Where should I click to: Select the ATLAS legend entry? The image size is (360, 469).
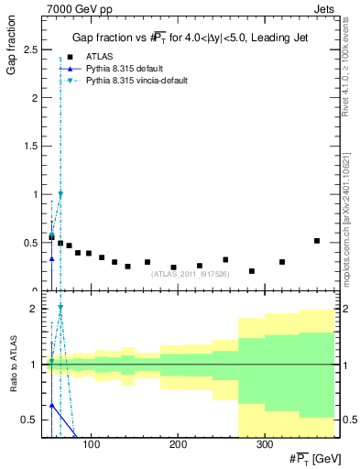tap(99, 57)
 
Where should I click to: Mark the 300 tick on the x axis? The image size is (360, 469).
tap(264, 445)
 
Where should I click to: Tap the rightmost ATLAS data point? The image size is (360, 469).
tap(317, 241)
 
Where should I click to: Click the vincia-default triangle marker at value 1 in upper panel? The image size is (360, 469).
tap(60, 194)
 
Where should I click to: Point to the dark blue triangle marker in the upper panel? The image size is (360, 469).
tap(51, 259)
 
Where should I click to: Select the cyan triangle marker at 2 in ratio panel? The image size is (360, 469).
tap(60, 309)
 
